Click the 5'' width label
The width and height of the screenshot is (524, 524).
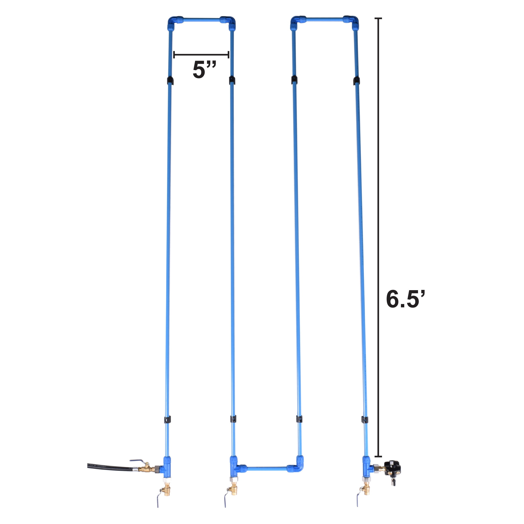tap(204, 70)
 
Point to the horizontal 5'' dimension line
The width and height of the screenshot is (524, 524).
tap(201, 55)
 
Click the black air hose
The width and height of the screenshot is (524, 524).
tap(110, 467)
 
